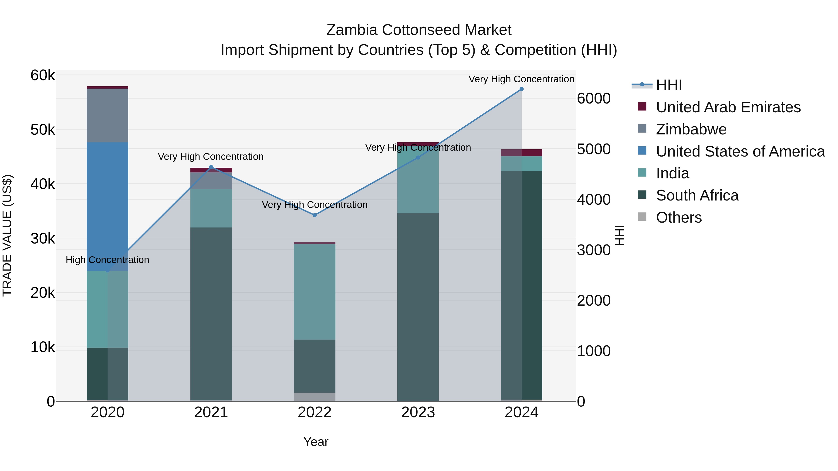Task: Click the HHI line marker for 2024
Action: pos(521,89)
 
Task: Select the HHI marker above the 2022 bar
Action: pos(314,215)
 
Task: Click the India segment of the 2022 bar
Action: pos(314,292)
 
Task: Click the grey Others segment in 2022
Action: pos(314,397)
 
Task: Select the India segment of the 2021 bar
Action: pos(211,208)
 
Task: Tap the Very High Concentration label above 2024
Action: pos(521,79)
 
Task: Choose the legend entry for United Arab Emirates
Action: pos(728,107)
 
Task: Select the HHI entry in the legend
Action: pos(669,85)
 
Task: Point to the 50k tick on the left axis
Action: pos(43,130)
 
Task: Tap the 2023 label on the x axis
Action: pos(418,412)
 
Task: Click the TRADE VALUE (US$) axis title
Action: pos(7,235)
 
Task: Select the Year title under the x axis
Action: pos(316,442)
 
